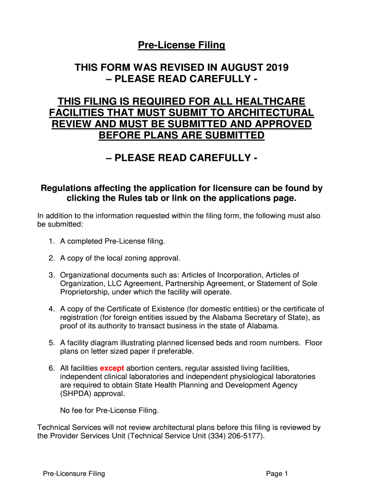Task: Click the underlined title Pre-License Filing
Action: [181, 46]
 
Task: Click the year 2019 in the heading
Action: [274, 68]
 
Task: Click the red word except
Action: [112, 368]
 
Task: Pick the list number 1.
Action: [51, 242]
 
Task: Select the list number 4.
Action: [51, 309]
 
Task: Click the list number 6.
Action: [51, 368]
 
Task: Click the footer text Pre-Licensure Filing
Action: [74, 474]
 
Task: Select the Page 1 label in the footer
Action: [277, 474]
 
